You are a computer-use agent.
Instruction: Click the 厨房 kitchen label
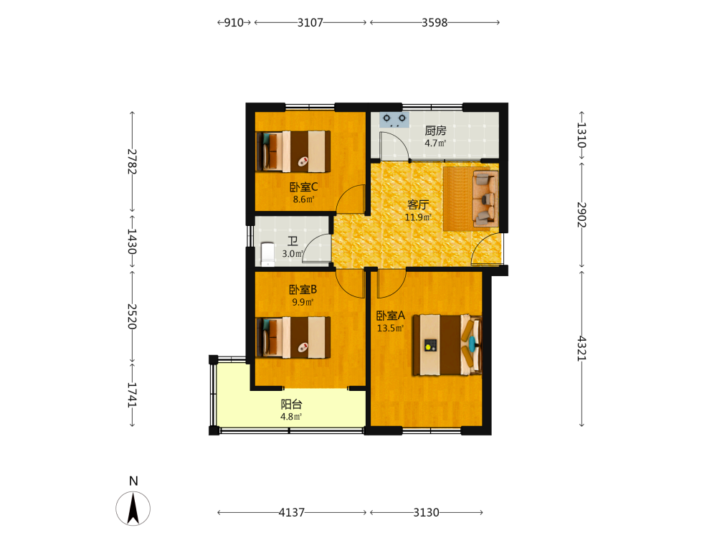tap(435, 131)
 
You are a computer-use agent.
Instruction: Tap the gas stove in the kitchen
tap(394, 119)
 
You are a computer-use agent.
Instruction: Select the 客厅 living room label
tap(418, 204)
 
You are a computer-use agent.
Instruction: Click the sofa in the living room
tap(485, 199)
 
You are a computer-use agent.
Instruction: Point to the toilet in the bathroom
tap(267, 254)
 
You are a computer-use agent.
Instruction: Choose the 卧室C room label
tap(303, 187)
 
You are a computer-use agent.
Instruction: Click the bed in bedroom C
tap(293, 151)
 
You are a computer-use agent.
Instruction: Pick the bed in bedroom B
tap(293, 337)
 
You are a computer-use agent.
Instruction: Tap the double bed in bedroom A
tap(447, 345)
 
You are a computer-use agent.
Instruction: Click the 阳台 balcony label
tap(291, 405)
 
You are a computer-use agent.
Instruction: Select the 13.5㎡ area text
tap(390, 328)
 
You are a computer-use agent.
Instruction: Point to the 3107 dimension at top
tap(310, 22)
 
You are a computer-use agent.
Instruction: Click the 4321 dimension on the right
tap(581, 349)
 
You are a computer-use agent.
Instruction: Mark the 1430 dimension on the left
tap(132, 242)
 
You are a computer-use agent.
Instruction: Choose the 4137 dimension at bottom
tap(292, 512)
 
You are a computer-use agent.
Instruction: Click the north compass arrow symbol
tap(133, 508)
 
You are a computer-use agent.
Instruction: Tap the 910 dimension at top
tap(234, 22)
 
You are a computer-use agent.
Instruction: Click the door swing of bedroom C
tap(350, 199)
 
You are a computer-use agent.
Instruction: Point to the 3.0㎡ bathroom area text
tap(293, 253)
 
